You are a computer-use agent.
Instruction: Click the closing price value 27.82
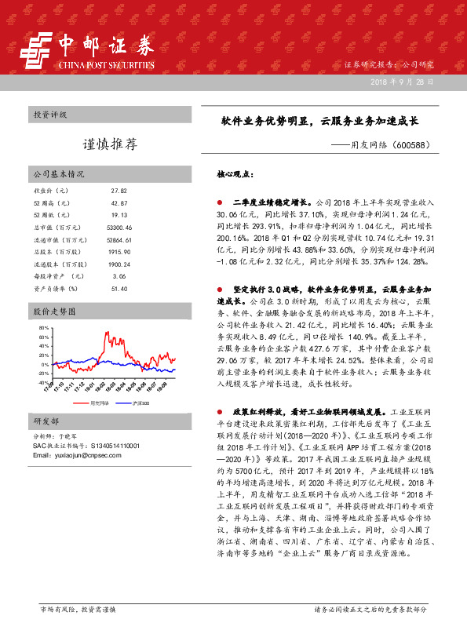(x=119, y=191)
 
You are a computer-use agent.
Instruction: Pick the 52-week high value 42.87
(x=119, y=202)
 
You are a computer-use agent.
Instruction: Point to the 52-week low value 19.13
(x=119, y=214)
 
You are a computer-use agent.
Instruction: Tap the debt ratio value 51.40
(x=119, y=288)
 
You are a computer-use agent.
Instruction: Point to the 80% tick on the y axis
(x=44, y=327)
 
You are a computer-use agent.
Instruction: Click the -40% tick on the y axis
(x=43, y=383)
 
